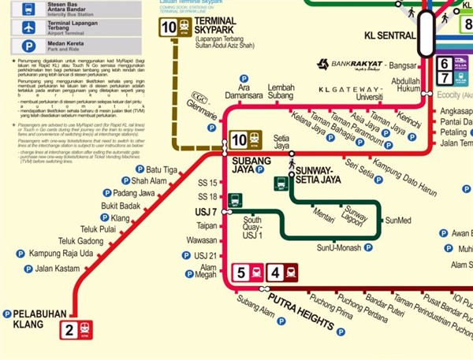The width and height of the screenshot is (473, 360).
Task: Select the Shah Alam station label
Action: [150, 181]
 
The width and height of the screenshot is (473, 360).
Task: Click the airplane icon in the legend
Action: [28, 28]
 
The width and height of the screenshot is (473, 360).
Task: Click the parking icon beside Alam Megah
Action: [189, 274]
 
